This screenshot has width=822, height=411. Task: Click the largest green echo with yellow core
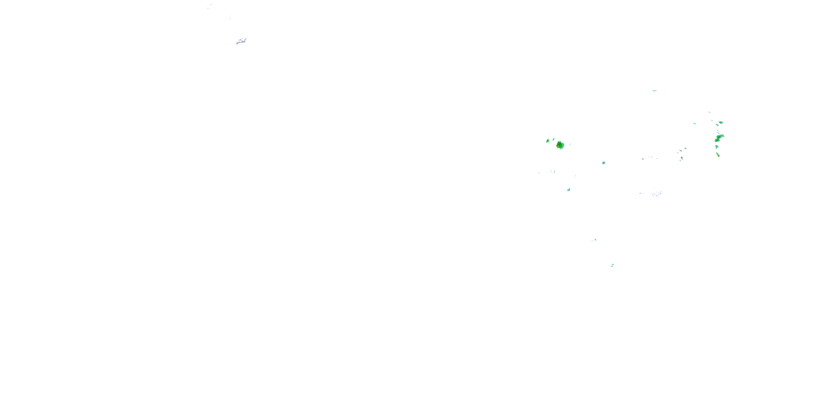pyautogui.click(x=560, y=145)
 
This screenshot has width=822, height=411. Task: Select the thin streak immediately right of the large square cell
pyautogui.click(x=570, y=144)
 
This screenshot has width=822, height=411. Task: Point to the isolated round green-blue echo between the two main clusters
pyautogui.click(x=603, y=163)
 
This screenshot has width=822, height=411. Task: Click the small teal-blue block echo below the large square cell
pyautogui.click(x=569, y=190)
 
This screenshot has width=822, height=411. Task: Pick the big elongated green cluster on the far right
pyautogui.click(x=719, y=138)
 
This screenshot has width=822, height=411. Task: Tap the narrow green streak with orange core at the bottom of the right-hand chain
pyautogui.click(x=718, y=155)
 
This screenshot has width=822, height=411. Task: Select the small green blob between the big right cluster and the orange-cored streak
pyautogui.click(x=717, y=147)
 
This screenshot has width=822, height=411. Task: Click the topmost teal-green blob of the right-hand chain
pyautogui.click(x=721, y=122)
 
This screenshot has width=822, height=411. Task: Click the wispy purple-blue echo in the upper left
pyautogui.click(x=241, y=41)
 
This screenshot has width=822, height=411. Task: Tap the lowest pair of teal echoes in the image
pyautogui.click(x=612, y=265)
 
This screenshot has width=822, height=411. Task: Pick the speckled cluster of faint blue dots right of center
pyautogui.click(x=656, y=193)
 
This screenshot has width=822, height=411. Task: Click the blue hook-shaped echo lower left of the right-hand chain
pyautogui.click(x=681, y=158)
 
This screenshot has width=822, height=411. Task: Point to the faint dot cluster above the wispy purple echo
pyautogui.click(x=228, y=18)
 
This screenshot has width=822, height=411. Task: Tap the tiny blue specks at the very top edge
pyautogui.click(x=210, y=5)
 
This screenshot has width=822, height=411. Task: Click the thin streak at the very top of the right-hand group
pyautogui.click(x=709, y=112)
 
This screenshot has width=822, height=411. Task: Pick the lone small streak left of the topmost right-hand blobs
pyautogui.click(x=694, y=124)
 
